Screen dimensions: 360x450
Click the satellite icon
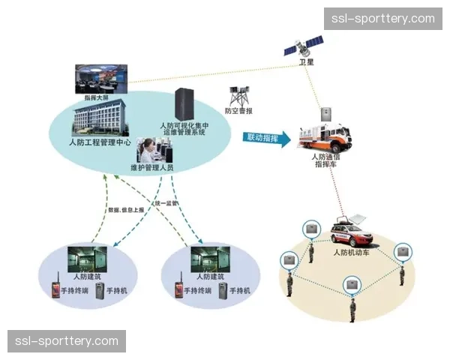[x=301, y=46]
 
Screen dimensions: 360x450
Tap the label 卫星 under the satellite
[x=306, y=63]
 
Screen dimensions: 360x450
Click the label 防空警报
[x=240, y=111]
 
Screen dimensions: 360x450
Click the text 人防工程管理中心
[x=100, y=142]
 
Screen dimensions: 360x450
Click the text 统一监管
[x=166, y=203]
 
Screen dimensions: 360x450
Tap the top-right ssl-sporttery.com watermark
[x=383, y=18]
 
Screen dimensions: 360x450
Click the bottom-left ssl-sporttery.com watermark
[x=66, y=341]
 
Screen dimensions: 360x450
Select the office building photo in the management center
[x=100, y=120]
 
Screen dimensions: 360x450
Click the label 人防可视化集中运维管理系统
[x=184, y=130]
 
